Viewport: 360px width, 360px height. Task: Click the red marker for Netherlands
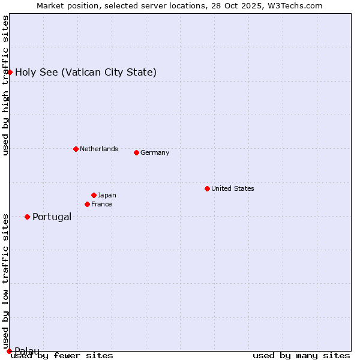coord(76,149)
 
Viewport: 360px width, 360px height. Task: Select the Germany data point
coord(136,152)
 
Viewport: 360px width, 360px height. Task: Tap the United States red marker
coord(207,188)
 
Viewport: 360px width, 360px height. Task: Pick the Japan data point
coord(94,195)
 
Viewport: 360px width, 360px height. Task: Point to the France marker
coord(87,204)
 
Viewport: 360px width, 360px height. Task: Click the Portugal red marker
coord(27,217)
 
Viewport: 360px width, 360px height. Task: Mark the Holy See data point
coord(10,72)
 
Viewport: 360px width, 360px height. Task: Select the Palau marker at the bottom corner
coord(9,351)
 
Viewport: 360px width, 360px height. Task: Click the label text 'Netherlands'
coord(98,149)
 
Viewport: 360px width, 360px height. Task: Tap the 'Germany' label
coord(155,152)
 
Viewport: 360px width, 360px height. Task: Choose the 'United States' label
coord(232,188)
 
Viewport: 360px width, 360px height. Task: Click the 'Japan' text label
coord(107,195)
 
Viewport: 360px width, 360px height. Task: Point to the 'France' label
coord(101,204)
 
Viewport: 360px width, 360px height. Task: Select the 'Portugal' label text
coord(52,217)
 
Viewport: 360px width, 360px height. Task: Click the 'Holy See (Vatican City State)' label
coord(86,72)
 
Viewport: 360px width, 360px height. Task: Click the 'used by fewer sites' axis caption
coord(62,355)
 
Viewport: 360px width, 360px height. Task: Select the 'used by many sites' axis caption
coord(301,355)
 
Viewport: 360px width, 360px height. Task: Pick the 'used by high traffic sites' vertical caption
coord(5,86)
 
